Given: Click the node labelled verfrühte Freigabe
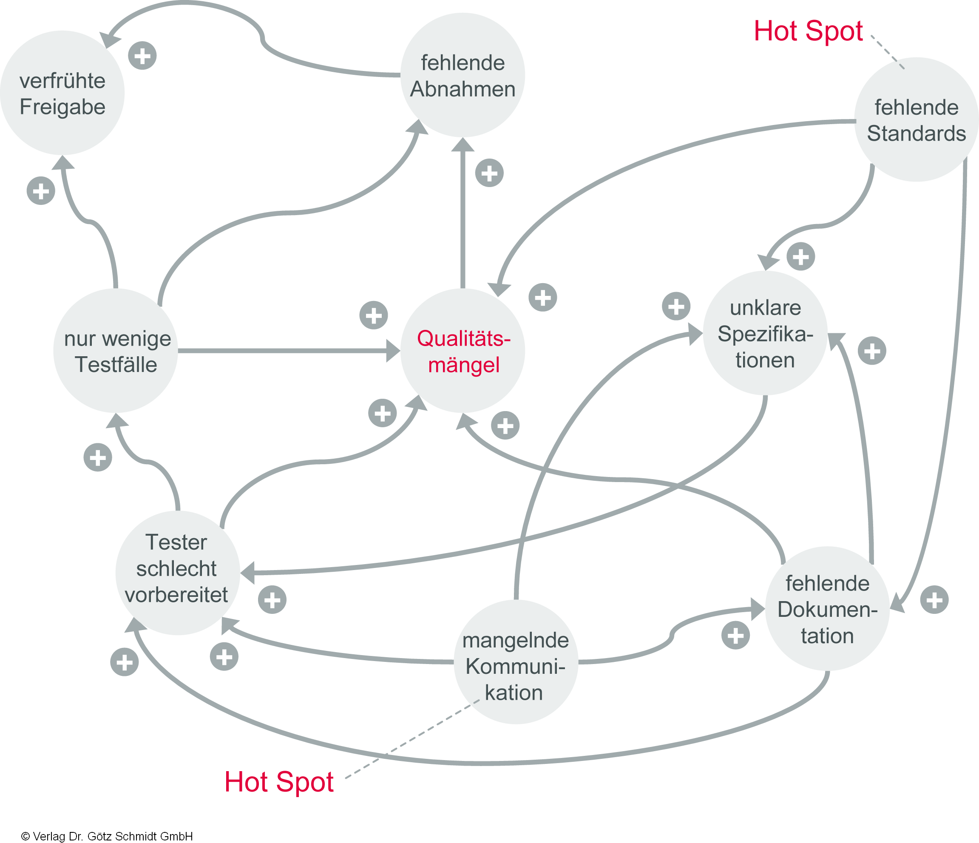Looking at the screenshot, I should (62, 93).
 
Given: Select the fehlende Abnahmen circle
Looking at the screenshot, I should (463, 75).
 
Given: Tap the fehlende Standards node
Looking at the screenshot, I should (916, 119).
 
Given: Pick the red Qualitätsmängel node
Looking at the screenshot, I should (463, 351).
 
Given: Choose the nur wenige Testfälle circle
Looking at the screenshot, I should (116, 351).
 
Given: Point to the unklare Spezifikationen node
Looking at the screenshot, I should (765, 333).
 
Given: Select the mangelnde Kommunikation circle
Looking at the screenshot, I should (516, 661).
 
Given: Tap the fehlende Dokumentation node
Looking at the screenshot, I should (827, 609).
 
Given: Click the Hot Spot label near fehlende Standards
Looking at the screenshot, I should (808, 31).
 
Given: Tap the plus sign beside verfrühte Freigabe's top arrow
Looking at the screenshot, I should (142, 56).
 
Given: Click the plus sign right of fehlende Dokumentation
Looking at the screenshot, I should (934, 600).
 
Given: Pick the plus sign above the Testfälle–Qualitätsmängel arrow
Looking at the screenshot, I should (374, 315).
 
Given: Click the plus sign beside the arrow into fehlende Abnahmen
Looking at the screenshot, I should (489, 173).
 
